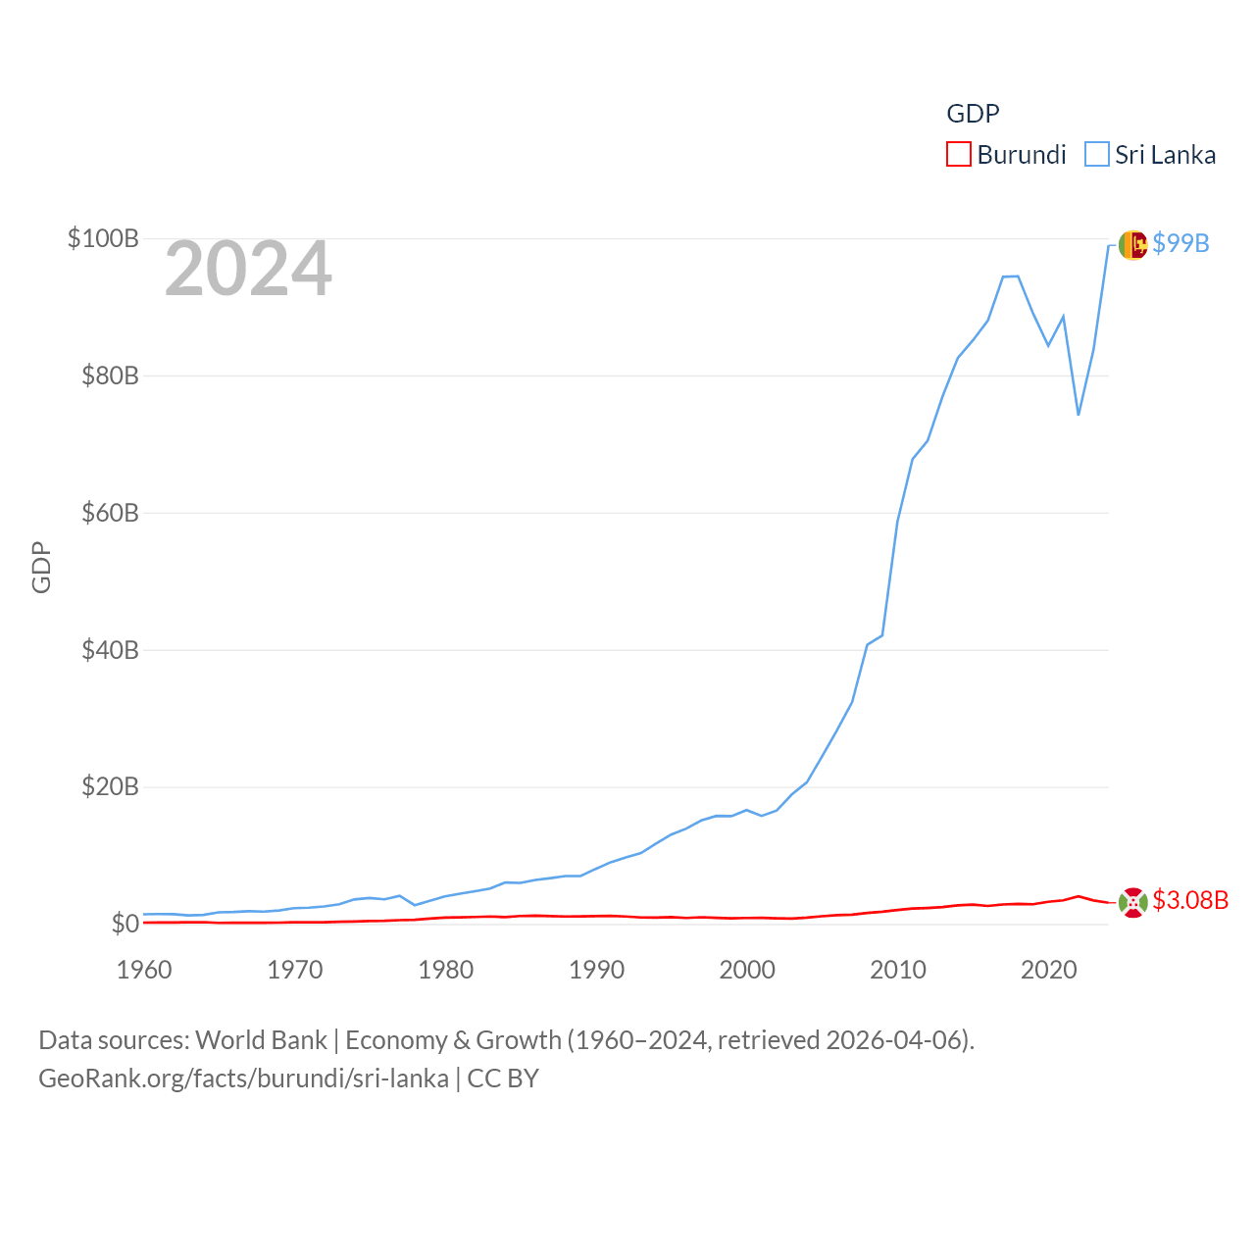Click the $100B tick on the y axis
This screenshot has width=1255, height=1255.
pyautogui.click(x=103, y=238)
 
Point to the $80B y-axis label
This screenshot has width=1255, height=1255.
pyautogui.click(x=110, y=376)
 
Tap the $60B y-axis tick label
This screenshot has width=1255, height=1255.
pyautogui.click(x=110, y=513)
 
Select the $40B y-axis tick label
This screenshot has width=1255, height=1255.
pyautogui.click(x=110, y=650)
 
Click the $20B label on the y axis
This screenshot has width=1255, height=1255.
pyautogui.click(x=110, y=786)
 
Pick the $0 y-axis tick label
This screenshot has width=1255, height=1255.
pyautogui.click(x=125, y=924)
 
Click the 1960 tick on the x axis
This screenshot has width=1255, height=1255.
pyautogui.click(x=144, y=970)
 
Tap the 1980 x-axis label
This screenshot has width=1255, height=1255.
pyautogui.click(x=446, y=970)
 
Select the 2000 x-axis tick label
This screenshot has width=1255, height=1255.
pyautogui.click(x=747, y=970)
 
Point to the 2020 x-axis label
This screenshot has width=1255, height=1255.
pyautogui.click(x=1049, y=970)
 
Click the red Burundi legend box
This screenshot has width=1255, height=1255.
pyautogui.click(x=958, y=155)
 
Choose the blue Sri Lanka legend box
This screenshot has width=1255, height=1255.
pyautogui.click(x=1096, y=155)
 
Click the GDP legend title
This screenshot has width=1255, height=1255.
pyautogui.click(x=973, y=114)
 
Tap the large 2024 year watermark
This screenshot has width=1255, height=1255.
pyautogui.click(x=248, y=269)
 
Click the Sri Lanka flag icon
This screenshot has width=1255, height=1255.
pyautogui.click(x=1132, y=244)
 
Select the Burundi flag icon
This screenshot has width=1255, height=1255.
pyautogui.click(x=1132, y=902)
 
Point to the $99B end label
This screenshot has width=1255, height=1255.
pyautogui.click(x=1180, y=243)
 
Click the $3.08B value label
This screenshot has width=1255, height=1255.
pyautogui.click(x=1190, y=900)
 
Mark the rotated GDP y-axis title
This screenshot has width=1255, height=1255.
pyautogui.click(x=41, y=567)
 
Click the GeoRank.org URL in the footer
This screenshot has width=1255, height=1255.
pyautogui.click(x=243, y=1079)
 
